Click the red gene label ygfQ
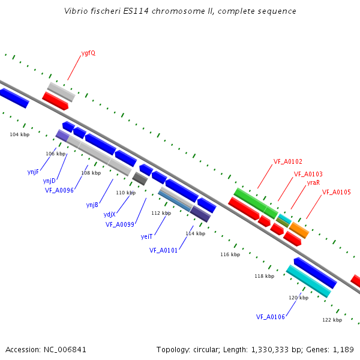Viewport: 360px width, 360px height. (88, 53)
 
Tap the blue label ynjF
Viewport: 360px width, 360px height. (33, 172)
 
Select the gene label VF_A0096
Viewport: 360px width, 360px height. (59, 190)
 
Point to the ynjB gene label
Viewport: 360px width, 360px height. (92, 205)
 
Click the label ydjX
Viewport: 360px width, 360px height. (110, 214)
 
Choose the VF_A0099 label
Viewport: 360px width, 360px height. (120, 224)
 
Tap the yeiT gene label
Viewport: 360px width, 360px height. (146, 236)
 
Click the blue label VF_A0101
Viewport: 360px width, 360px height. (163, 250)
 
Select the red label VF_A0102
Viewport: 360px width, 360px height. (288, 161)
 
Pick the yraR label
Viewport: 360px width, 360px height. (313, 183)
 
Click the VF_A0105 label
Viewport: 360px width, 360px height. (337, 192)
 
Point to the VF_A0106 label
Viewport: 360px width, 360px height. (271, 317)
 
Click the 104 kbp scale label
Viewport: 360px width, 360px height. (20, 135)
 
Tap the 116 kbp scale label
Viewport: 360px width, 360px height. (230, 254)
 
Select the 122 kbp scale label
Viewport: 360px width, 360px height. (332, 320)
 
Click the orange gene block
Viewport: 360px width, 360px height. (299, 230)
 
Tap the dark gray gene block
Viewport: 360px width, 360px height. (140, 179)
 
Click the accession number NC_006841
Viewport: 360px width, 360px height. (65, 350)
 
